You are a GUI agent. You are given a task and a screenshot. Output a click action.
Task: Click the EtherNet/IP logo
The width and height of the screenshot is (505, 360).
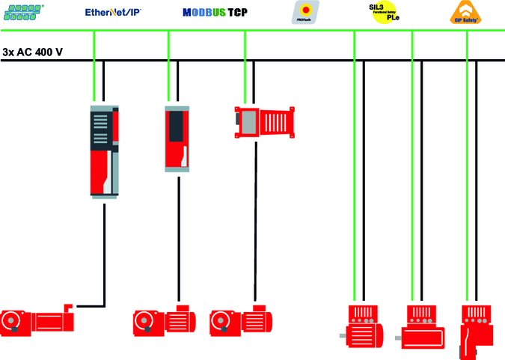pyautogui.click(x=115, y=12)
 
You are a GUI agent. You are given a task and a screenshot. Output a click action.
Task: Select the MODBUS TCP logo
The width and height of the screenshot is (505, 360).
pyautogui.click(x=215, y=13)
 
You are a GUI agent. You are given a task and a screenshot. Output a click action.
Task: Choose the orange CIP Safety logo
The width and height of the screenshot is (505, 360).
pyautogui.click(x=468, y=13)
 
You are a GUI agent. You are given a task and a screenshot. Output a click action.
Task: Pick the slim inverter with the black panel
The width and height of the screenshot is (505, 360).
pyautogui.click(x=177, y=138)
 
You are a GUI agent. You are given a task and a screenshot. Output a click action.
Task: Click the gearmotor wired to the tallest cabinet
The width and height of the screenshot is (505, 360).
pyautogui.click(x=37, y=321)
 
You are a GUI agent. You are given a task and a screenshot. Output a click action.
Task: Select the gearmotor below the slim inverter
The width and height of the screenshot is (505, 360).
pyautogui.click(x=165, y=321)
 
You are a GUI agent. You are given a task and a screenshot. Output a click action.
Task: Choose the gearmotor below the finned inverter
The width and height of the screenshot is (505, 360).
pyautogui.click(x=241, y=321)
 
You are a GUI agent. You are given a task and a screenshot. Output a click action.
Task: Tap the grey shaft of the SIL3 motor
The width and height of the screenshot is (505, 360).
pyautogui.click(x=342, y=336)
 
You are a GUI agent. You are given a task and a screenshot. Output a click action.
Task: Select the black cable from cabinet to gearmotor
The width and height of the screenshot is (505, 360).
pyautogui.click(x=104, y=254)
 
